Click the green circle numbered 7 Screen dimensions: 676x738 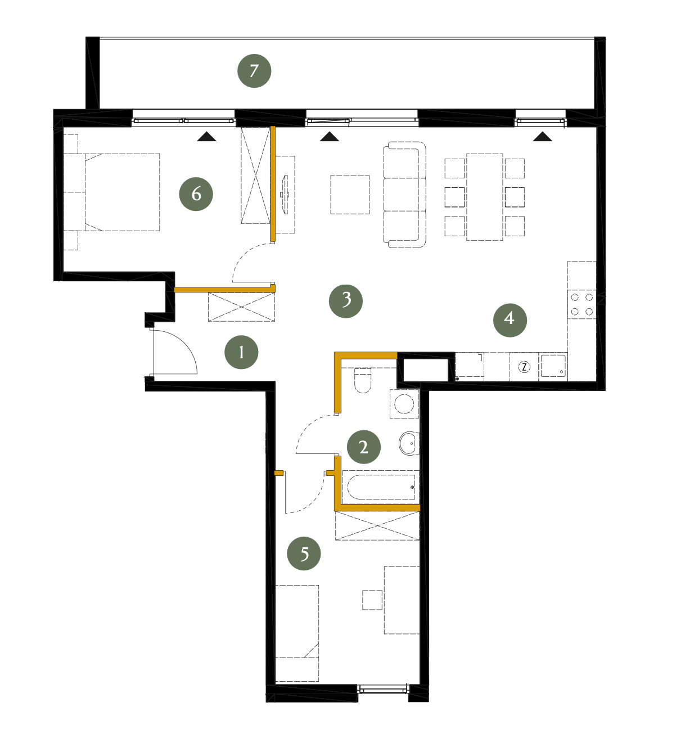254,71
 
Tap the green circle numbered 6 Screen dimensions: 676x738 196,194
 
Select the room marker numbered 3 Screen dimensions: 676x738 345,301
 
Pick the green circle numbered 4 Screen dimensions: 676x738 510,319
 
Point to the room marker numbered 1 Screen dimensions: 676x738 241,352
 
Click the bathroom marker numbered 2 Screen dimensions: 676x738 363,447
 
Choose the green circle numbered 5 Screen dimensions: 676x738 304,553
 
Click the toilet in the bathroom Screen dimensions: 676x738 363,380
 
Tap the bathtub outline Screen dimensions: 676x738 381,487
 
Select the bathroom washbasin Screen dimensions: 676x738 409,443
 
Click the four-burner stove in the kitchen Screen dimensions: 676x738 582,304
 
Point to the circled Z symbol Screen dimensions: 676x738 524,367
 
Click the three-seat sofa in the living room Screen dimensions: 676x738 404,195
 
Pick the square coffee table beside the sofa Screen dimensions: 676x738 350,194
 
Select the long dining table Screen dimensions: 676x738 484,197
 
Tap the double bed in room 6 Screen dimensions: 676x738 122,192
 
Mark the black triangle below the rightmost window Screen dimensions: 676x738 542,137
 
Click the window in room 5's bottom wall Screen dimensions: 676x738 383,688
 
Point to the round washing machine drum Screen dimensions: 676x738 404,403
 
